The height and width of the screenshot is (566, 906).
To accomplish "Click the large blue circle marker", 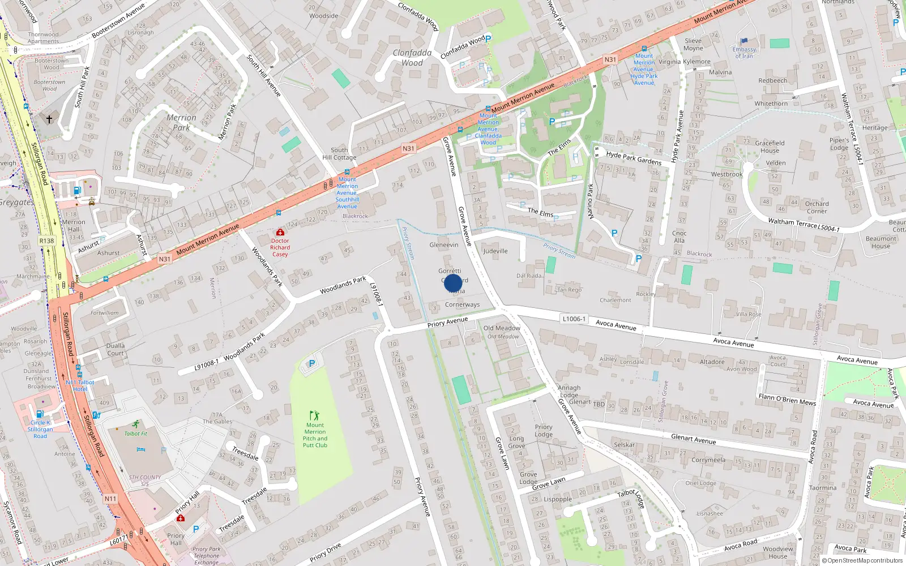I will click(453, 283).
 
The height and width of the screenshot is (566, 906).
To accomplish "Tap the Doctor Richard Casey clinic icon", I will click(280, 232).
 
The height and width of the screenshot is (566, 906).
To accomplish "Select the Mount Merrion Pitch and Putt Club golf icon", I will click(314, 415).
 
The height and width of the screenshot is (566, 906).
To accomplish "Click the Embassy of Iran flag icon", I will click(744, 41).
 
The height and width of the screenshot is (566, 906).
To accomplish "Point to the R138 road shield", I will click(46, 241).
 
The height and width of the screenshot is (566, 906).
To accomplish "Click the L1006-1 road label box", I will click(574, 319).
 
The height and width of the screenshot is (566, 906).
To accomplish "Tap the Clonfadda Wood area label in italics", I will click(412, 58).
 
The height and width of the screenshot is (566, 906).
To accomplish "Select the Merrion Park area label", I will click(181, 122).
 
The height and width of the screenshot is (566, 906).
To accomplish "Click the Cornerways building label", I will click(462, 305).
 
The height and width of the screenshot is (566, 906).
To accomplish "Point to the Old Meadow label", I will click(502, 328).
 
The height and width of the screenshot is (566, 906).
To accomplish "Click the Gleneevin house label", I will click(444, 245).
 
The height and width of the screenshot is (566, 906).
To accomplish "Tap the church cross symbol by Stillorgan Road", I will click(49, 119).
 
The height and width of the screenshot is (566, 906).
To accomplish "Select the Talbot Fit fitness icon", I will click(136, 424).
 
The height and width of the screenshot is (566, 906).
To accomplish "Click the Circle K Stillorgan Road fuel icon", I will click(40, 414).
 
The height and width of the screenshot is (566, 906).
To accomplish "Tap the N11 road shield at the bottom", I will click(110, 499).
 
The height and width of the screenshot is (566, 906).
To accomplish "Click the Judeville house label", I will click(495, 251).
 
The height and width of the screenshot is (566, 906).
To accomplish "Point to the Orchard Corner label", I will click(817, 207).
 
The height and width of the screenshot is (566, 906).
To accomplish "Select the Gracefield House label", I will click(770, 147).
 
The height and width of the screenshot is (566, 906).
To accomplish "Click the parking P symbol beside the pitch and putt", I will click(311, 363).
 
